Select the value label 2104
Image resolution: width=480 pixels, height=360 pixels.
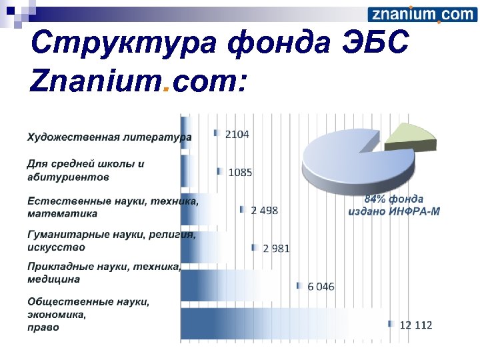coord(237,134)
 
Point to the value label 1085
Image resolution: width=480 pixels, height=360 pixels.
coord(240,172)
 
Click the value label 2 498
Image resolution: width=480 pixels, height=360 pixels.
coord(265,210)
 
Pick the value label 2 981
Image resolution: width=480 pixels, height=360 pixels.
coord(276,248)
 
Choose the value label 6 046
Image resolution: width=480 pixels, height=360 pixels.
coord(321,287)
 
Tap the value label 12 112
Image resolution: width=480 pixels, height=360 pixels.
coord(416,325)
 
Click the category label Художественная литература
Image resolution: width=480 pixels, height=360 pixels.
coord(109,137)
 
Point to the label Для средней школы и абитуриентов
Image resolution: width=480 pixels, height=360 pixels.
coord(85,170)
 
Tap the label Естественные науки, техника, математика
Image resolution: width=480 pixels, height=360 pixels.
coord(112,207)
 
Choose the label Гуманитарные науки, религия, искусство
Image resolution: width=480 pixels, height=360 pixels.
coord(111,241)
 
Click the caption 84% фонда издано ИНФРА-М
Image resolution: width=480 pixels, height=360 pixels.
coord(393,205)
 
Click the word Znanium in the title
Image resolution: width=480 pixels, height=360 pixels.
coord(93,82)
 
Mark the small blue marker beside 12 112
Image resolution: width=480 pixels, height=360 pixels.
coord(391,325)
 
